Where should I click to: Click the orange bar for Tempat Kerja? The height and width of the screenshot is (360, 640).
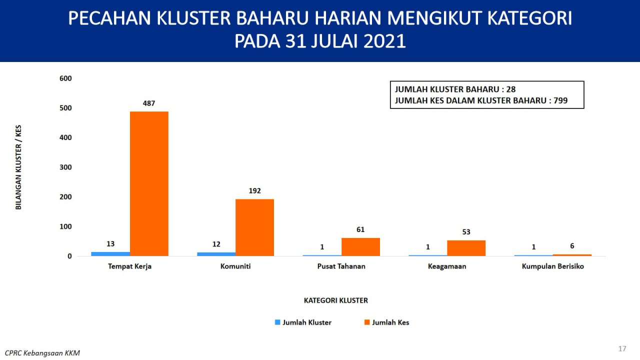[149, 183]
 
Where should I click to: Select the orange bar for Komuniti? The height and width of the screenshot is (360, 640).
[255, 227]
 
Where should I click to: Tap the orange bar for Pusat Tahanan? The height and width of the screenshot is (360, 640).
[360, 247]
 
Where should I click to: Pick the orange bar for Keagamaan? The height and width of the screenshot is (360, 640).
[466, 248]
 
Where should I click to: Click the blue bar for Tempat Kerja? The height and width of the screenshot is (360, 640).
[110, 254]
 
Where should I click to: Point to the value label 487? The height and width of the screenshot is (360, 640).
[149, 103]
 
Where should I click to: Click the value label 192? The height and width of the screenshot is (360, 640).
[254, 190]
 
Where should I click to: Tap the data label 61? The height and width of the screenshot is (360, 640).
[360, 229]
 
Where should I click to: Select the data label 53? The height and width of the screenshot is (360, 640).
[466, 231]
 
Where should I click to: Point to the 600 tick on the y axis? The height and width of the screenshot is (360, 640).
[65, 78]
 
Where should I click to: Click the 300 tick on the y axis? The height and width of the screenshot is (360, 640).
[65, 167]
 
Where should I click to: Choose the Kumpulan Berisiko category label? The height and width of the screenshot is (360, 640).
[553, 266]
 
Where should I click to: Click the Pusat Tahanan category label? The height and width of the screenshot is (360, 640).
[341, 266]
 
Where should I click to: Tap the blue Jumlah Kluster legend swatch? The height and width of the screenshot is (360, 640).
[277, 322]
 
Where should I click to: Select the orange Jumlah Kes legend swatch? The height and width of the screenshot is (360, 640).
[367, 322]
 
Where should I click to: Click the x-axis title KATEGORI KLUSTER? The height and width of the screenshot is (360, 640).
[335, 300]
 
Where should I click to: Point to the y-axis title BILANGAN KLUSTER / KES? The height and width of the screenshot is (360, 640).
[18, 167]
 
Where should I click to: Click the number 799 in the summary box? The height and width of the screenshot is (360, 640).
[560, 100]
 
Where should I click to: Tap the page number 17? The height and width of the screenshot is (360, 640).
[622, 348]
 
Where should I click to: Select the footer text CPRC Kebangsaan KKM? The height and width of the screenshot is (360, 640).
[42, 353]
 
